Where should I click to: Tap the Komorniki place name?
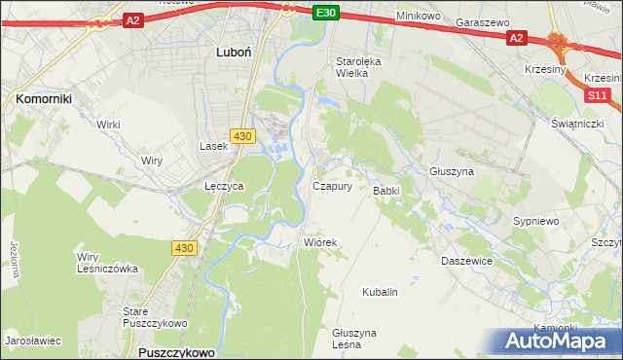45,98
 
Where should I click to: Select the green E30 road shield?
327,13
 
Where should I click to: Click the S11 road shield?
597,95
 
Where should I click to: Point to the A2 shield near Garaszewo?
516,38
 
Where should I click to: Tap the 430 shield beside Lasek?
242,135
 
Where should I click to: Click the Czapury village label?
332,186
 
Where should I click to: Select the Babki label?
386,191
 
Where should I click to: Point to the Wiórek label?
319,242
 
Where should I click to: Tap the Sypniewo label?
535,221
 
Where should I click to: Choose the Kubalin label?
380,292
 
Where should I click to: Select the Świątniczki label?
579,123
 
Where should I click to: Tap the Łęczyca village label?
224,185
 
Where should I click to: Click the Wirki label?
108,125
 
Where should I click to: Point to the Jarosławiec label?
33,342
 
